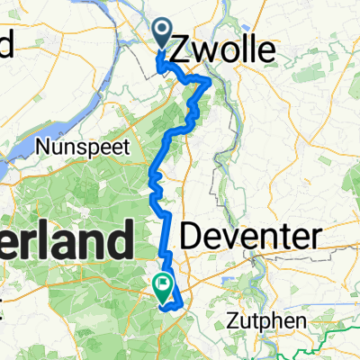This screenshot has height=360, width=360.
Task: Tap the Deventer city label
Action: click(250, 238)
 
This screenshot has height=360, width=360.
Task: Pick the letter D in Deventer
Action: click(190, 238)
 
